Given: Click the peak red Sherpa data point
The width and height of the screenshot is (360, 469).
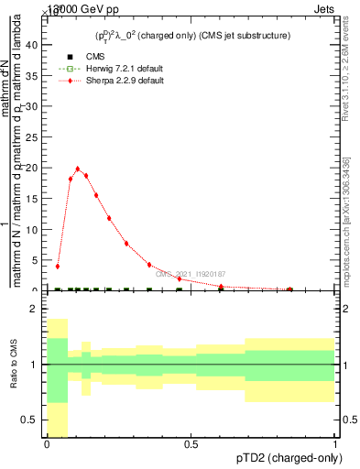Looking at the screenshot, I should pos(78,169).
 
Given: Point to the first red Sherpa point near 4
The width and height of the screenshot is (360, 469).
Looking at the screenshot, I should pos(58,266).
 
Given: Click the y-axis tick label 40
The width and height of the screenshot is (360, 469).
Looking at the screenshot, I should pos(31,44).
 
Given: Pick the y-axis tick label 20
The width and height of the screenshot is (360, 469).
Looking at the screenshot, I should pos(31,168).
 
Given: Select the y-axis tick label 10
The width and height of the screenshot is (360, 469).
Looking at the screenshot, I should pos(31,229).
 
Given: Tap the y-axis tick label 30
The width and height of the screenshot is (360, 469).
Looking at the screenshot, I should pos(31,105).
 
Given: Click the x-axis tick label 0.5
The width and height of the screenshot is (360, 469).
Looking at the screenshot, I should pos(191,443).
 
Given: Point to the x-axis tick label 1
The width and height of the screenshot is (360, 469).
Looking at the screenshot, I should pos(335,443).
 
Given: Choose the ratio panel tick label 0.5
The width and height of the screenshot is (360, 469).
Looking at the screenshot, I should pos(31,420).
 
